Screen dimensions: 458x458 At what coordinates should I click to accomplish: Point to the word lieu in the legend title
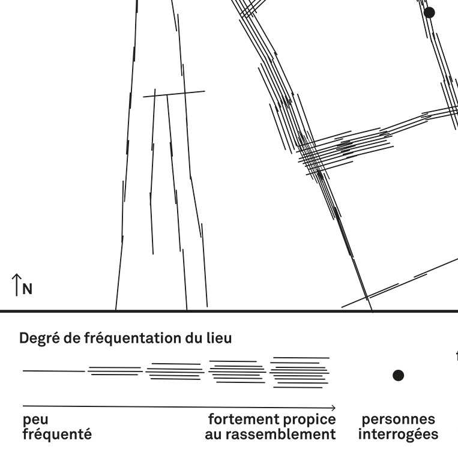[218, 339]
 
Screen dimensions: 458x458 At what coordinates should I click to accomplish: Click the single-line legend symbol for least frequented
[53, 371]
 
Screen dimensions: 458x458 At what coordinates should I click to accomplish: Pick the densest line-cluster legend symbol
[300, 372]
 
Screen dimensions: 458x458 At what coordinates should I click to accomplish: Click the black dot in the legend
[398, 376]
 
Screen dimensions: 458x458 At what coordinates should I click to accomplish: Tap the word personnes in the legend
[398, 419]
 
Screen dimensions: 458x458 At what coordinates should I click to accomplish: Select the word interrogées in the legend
[398, 434]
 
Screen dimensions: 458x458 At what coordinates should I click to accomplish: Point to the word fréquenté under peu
[57, 434]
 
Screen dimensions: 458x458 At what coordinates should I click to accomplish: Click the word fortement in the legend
[243, 419]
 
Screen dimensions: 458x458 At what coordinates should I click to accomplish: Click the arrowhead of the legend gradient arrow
[333, 407]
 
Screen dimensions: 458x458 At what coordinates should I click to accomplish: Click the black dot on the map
[429, 12]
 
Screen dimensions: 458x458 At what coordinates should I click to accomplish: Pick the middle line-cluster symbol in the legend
[175, 372]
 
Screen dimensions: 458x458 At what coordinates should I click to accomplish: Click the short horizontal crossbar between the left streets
[173, 94]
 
